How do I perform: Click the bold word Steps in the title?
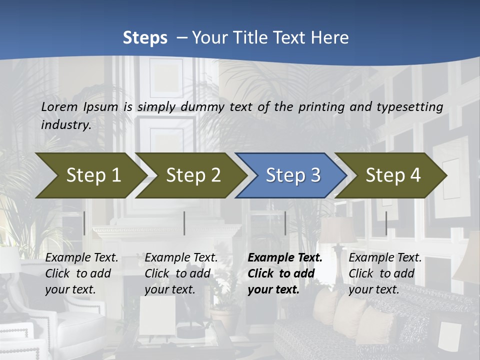[145, 38]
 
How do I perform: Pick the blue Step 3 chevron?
[292, 175]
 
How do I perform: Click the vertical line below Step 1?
[84, 223]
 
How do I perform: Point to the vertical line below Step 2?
[184, 223]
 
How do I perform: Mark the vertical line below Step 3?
[285, 223]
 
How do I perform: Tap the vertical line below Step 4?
[386, 223]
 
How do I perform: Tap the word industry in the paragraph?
[65, 125]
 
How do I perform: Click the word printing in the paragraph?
[320, 107]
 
